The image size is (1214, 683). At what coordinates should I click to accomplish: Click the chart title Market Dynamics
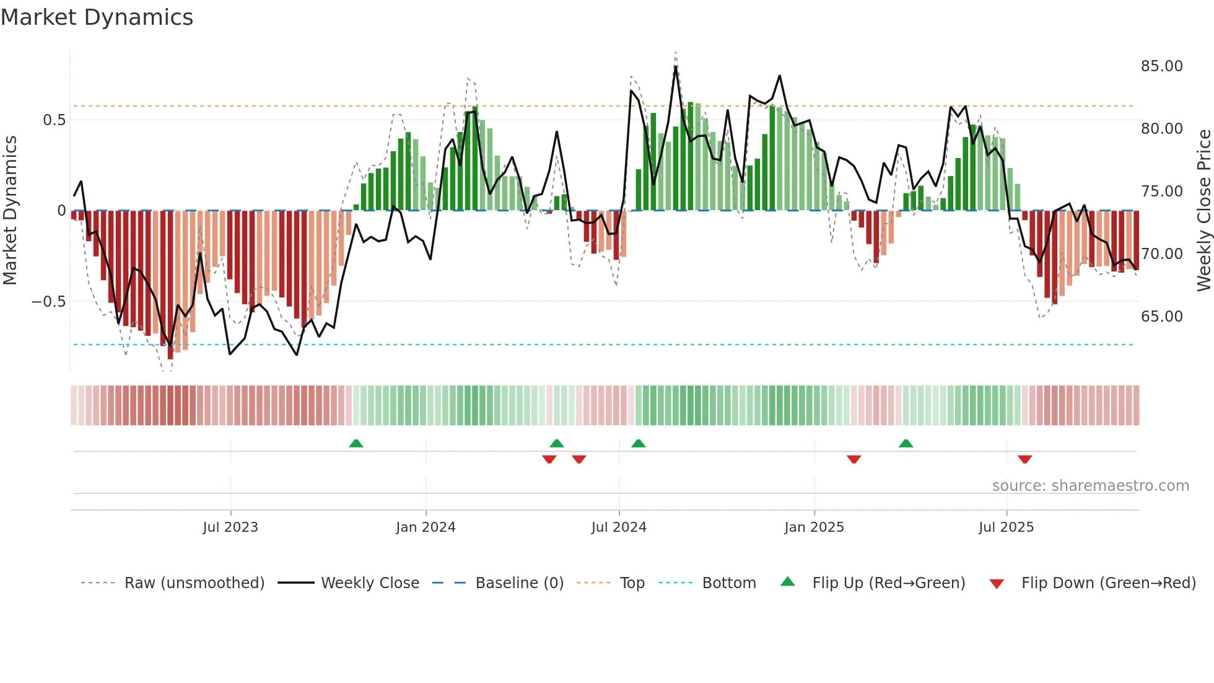(x=97, y=17)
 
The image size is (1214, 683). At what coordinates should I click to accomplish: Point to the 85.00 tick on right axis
(x=1161, y=66)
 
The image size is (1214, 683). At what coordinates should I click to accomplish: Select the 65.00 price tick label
(x=1161, y=317)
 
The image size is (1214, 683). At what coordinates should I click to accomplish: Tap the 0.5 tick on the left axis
(x=54, y=120)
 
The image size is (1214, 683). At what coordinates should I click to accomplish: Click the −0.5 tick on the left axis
(x=49, y=302)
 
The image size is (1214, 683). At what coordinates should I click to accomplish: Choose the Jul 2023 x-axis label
(x=230, y=527)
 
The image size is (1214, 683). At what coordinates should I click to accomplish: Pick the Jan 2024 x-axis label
(x=426, y=527)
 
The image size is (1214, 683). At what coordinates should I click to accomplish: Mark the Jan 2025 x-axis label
(x=814, y=527)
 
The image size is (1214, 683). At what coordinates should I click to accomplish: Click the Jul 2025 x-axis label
(x=1006, y=527)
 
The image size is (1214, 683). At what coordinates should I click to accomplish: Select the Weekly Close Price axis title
(x=1203, y=211)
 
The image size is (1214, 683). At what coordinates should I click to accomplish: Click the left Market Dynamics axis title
(x=10, y=211)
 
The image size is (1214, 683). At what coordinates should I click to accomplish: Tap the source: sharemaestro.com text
(x=1090, y=486)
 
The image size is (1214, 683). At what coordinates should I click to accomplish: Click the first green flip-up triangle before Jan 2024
(x=356, y=443)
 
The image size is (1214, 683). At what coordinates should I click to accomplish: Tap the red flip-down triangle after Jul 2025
(x=1024, y=459)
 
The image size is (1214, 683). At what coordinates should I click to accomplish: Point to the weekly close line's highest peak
(x=676, y=66)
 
